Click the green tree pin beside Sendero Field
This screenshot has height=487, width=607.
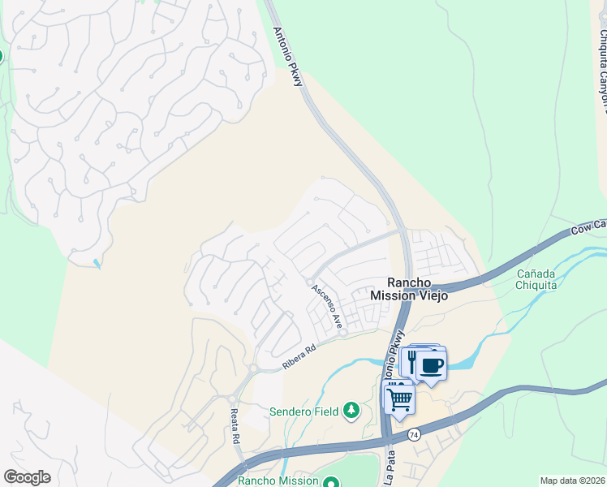pos(351,411)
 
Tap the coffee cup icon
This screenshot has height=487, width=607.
pos(432,364)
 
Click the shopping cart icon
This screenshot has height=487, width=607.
pos(399,399)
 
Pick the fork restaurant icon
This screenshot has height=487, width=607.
pos(412,360)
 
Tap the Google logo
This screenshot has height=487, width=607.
pos(27,477)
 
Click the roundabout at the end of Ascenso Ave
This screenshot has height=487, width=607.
pos(342,333)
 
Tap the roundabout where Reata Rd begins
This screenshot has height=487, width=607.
pos(232,399)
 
